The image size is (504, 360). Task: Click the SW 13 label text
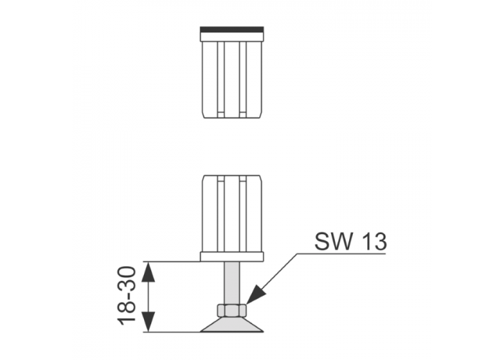[351, 241]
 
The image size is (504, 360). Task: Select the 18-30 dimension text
[126, 296]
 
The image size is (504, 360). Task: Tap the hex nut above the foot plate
[232, 310]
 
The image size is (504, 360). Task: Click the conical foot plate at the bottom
[232, 325]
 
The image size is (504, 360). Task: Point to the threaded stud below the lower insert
[232, 283]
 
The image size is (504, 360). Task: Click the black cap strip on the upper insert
[232, 30]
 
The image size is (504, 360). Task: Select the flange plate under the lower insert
[232, 257]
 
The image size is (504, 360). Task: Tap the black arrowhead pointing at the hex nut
[255, 294]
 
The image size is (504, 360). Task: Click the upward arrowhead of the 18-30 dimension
[148, 272]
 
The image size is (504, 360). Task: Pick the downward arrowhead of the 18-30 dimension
[148, 322]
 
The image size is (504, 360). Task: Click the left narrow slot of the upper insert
[221, 80]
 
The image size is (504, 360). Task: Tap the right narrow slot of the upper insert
[243, 80]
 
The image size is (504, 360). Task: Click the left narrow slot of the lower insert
[221, 214]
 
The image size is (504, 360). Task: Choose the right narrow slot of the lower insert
[243, 214]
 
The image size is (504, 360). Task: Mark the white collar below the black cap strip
[232, 37]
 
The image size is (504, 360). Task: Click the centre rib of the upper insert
[232, 80]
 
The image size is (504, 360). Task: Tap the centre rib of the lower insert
[232, 214]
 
